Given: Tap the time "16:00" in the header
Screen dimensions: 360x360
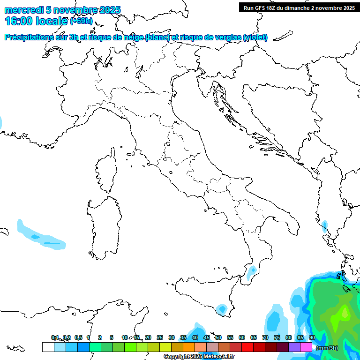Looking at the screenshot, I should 19,21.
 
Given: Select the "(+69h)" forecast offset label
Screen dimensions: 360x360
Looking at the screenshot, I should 81,22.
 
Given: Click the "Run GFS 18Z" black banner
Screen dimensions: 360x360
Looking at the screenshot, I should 299,7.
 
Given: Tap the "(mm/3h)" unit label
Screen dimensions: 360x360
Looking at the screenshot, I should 327,348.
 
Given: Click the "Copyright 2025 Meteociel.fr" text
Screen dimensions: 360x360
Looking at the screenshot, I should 199,357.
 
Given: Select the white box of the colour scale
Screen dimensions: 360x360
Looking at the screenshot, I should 48,347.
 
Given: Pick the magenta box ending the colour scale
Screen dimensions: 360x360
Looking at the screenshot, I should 306,347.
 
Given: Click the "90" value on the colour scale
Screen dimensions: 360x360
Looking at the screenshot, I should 312,337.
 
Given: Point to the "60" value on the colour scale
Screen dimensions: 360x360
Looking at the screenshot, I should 242,337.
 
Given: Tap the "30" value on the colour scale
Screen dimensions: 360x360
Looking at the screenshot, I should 172,337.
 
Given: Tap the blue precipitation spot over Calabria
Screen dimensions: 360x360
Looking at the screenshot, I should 253,270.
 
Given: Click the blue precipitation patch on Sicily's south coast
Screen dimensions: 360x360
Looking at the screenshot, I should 221,309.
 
